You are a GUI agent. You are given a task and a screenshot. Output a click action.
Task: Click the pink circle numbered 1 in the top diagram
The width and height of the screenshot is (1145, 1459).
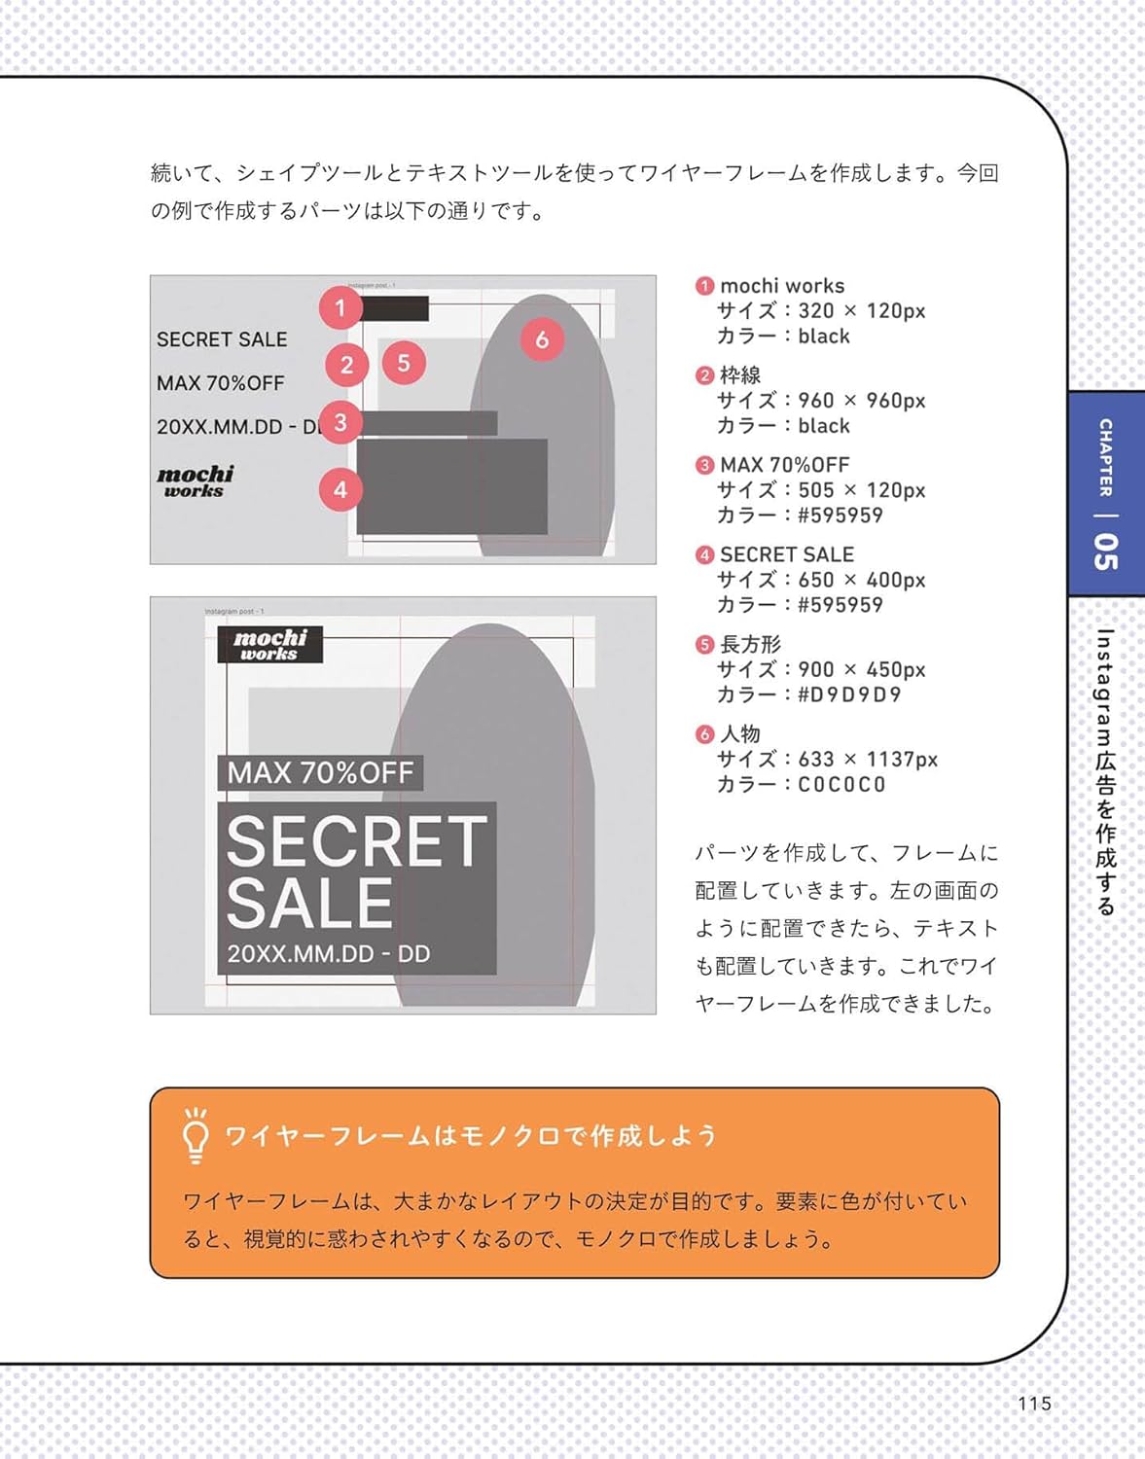point(340,308)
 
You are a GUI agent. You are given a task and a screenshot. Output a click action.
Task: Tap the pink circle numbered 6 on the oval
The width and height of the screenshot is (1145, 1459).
point(542,339)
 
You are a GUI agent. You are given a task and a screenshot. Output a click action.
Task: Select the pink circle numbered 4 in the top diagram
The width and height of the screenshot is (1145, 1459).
point(340,490)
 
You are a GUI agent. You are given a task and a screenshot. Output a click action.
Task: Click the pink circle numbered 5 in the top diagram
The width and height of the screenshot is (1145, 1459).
point(404,363)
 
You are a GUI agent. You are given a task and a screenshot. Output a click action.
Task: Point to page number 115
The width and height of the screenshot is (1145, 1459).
point(1034,1404)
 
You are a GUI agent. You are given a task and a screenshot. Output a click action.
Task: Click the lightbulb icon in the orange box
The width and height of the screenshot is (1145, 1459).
point(196,1135)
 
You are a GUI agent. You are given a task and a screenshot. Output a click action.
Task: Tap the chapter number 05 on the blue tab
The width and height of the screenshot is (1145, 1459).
point(1105,551)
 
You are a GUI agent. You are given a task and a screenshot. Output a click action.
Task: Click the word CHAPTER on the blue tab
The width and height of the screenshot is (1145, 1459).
point(1105,457)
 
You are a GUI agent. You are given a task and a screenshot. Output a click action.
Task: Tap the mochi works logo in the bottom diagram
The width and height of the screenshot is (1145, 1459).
point(269,645)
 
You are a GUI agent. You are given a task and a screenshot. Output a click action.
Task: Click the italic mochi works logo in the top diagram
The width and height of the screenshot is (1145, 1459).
point(195,480)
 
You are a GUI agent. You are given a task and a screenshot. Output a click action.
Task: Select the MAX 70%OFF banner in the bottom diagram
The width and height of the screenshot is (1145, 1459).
point(320,773)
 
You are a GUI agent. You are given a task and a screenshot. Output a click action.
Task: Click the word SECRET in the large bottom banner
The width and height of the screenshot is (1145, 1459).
point(356,841)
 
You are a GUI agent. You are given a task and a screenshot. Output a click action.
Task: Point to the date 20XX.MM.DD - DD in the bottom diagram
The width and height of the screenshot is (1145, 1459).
point(328,954)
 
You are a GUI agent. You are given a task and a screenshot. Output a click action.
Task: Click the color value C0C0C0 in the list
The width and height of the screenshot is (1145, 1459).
point(841,785)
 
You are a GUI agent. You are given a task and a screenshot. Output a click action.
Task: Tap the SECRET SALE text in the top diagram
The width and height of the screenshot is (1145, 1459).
point(222,339)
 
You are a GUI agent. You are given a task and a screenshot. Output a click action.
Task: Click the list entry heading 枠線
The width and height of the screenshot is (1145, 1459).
point(740,375)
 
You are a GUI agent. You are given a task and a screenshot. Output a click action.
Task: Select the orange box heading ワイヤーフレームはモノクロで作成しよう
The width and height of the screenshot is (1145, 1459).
point(471,1135)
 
